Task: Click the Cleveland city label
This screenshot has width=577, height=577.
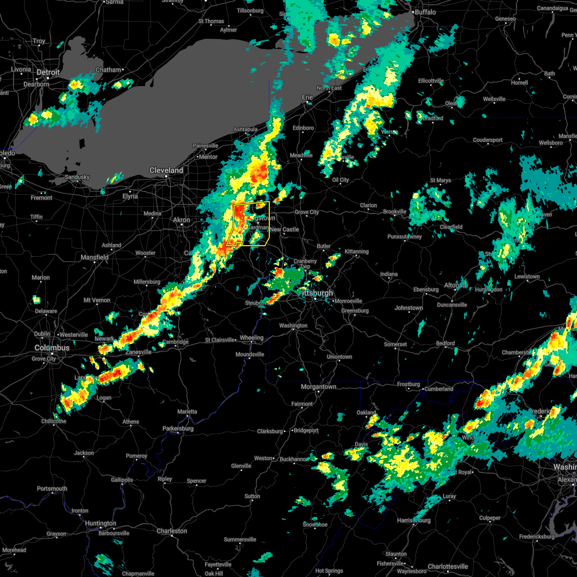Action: click(x=166, y=170)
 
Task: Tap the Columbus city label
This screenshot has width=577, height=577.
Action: click(x=52, y=348)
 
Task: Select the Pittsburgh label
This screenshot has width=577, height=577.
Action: click(x=316, y=293)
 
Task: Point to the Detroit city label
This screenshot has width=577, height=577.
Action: click(x=49, y=73)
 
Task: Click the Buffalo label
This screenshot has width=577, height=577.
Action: click(x=425, y=12)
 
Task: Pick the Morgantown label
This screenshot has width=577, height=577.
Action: click(x=318, y=387)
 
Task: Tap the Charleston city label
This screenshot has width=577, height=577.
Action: click(x=172, y=531)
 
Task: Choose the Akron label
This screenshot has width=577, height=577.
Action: click(x=182, y=220)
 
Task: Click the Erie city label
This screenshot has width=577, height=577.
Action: click(x=307, y=97)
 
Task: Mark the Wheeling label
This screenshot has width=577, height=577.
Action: click(x=251, y=338)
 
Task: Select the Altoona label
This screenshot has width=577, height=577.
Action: click(x=454, y=285)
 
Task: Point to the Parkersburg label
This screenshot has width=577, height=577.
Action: click(x=178, y=428)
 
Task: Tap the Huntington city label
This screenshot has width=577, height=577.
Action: click(x=100, y=523)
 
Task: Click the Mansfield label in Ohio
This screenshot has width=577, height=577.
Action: click(x=95, y=257)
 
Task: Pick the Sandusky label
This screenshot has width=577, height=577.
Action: click(x=77, y=177)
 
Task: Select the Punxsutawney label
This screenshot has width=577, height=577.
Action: click(x=404, y=237)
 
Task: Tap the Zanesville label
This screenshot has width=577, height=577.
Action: click(x=138, y=352)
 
